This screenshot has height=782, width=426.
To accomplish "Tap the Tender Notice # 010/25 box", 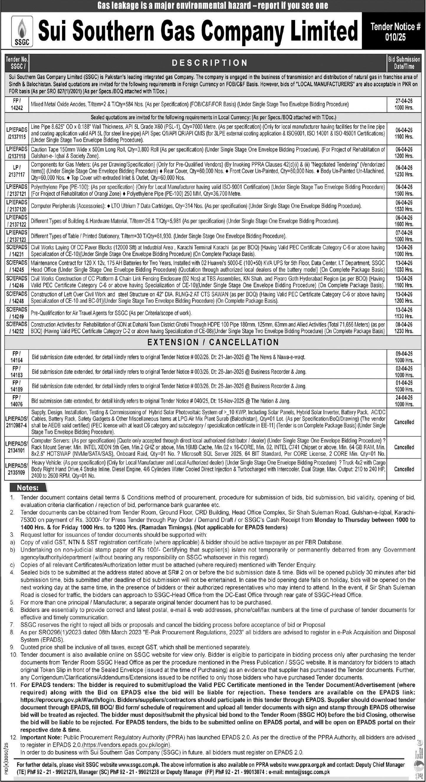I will [x=395, y=31].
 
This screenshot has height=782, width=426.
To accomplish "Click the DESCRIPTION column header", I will [x=209, y=63].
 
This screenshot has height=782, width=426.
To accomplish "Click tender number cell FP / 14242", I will [x=17, y=104].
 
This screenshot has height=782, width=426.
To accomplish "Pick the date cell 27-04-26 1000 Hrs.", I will [x=404, y=104].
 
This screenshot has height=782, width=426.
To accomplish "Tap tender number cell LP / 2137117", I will [x=17, y=171].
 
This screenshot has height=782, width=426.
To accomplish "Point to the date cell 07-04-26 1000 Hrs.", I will [x=404, y=236].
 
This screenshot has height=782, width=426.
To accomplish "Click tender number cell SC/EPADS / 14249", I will [x=17, y=313].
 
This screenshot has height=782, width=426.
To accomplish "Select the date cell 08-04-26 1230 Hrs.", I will [x=404, y=328].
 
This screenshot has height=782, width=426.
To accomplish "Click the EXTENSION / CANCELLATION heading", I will [x=213, y=342].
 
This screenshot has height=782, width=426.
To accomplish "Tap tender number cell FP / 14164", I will [x=17, y=357].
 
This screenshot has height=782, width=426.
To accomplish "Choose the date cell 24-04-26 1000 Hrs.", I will [x=404, y=401].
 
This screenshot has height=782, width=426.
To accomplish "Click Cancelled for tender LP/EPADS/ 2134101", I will [x=404, y=447].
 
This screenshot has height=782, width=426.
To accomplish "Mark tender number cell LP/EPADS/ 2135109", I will [x=17, y=469].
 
